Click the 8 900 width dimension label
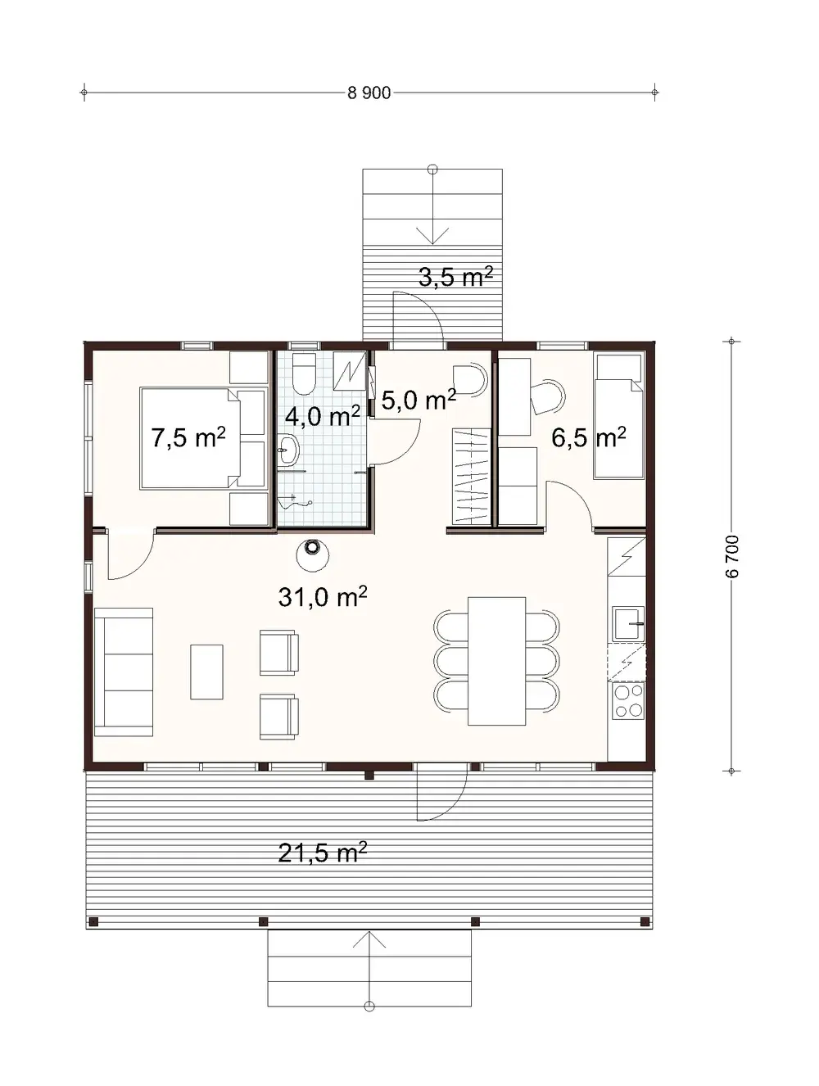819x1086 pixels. (x=369, y=93)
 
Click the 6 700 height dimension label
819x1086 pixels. (x=732, y=556)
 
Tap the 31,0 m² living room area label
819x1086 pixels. (x=322, y=597)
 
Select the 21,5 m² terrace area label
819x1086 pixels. (x=322, y=853)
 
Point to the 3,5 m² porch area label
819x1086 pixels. (x=455, y=277)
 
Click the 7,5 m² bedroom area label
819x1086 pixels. (x=188, y=437)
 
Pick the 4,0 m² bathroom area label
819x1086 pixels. (x=322, y=416)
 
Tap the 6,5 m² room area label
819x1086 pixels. (x=588, y=437)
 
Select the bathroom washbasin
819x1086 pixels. (x=288, y=450)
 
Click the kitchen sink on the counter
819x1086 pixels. (x=628, y=623)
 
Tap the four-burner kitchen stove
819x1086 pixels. (x=628, y=701)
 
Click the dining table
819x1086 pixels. (x=496, y=661)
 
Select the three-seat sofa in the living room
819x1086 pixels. (x=124, y=672)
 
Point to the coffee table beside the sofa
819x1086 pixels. (x=206, y=672)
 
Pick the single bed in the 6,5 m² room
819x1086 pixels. (x=618, y=416)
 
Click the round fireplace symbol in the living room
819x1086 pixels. (x=313, y=554)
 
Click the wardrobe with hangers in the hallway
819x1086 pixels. (x=471, y=476)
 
